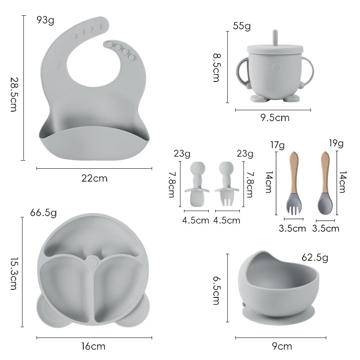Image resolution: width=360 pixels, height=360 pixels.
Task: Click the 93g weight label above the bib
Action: coord(45,20)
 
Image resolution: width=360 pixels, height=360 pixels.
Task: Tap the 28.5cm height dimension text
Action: coord(13,94)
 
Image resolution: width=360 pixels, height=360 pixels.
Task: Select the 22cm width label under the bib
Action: coord(94,178)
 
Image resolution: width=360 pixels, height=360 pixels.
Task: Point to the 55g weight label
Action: coord(242,26)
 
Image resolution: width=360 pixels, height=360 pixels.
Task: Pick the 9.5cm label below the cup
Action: coord(275,118)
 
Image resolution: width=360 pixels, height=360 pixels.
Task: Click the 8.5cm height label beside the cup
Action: coord(216,68)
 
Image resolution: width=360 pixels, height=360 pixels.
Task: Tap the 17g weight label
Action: coord(277,145)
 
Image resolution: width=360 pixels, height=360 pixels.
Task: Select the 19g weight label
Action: coord(336,143)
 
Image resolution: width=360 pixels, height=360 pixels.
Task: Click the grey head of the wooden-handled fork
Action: coord(294,204)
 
